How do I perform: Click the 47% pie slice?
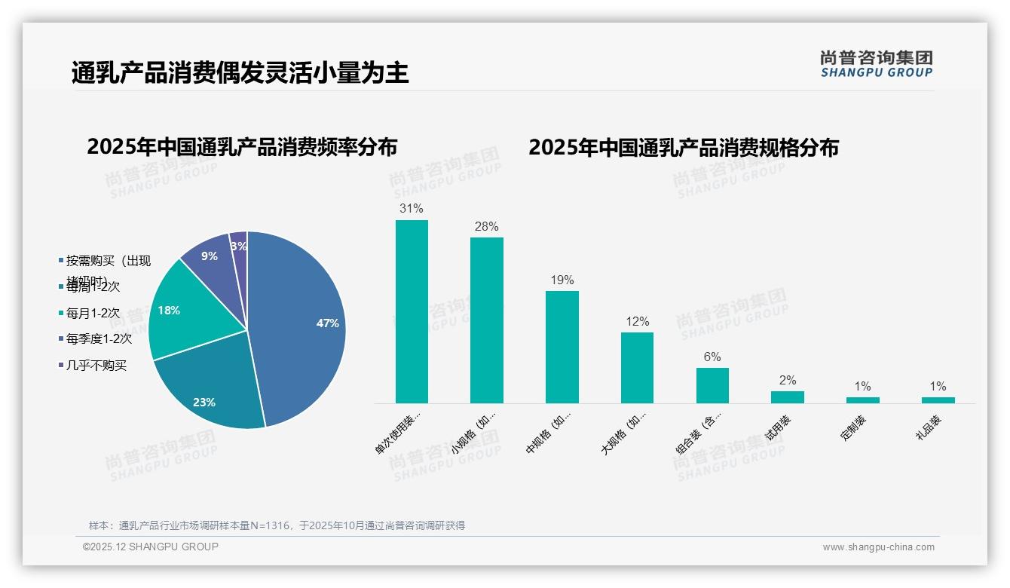pos(301,324)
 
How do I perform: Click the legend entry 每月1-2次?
pos(93,312)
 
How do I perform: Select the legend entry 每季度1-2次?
pos(99,338)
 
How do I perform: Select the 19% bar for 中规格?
pos(562,347)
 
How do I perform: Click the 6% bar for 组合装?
pos(712,385)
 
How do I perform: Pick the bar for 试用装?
pos(788,397)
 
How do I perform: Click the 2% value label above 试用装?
pos(788,381)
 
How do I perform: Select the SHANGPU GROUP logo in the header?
pos(876,64)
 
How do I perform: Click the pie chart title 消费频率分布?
pos(242,147)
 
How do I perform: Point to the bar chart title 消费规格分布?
pos(684,147)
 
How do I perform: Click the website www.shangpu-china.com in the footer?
pos(878,547)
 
